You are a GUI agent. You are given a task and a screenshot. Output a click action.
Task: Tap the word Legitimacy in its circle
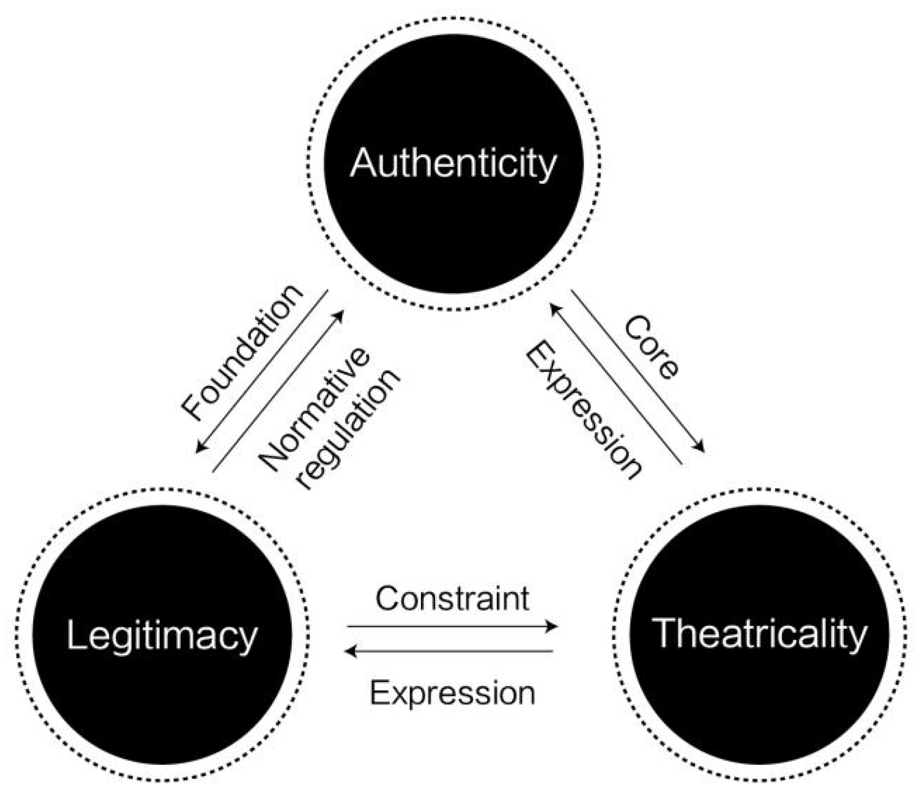[x=162, y=636]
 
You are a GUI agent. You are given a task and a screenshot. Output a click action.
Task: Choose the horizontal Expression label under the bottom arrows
[x=453, y=693]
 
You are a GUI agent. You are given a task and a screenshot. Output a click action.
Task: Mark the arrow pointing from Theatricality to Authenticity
[x=616, y=383]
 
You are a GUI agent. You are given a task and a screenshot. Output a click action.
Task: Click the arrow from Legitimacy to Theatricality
[x=453, y=627]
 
